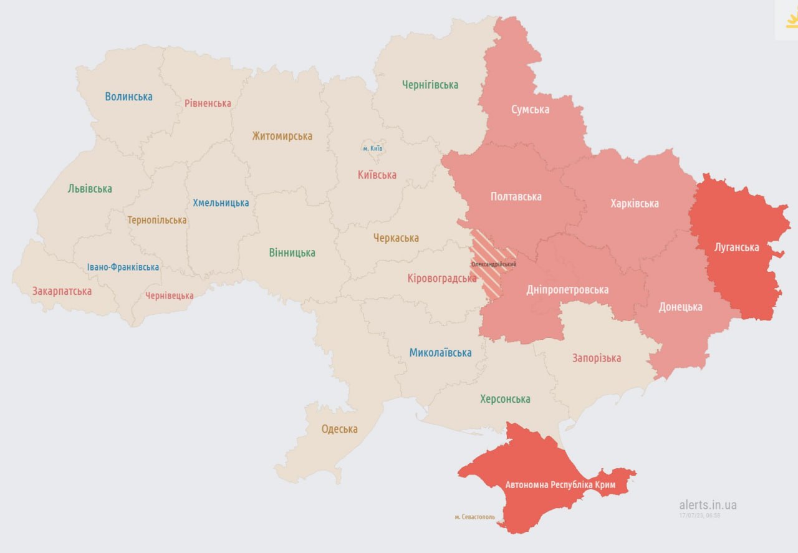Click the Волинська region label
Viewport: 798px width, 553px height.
click(x=128, y=97)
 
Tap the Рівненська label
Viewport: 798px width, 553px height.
click(x=208, y=103)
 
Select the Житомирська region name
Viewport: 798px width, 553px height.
click(x=282, y=136)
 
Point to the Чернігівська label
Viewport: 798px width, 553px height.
click(x=430, y=85)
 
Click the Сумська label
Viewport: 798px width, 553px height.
click(x=530, y=110)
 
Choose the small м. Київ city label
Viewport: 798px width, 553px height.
click(x=373, y=149)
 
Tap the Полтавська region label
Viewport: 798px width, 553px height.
click(x=516, y=196)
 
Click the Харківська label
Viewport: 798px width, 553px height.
click(x=635, y=203)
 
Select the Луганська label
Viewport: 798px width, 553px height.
click(x=736, y=248)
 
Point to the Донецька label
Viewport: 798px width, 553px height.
click(x=680, y=307)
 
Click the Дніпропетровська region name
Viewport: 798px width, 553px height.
click(x=567, y=290)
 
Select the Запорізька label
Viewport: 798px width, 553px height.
click(x=597, y=358)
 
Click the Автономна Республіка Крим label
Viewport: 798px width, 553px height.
click(x=560, y=485)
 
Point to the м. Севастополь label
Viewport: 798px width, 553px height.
click(x=474, y=517)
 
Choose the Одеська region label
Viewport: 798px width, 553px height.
click(x=339, y=429)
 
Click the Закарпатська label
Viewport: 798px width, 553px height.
click(x=62, y=291)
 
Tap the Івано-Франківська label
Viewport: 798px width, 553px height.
click(x=123, y=267)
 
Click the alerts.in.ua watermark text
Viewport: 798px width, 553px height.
click(x=708, y=505)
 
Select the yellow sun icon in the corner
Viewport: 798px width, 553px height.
click(x=791, y=20)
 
